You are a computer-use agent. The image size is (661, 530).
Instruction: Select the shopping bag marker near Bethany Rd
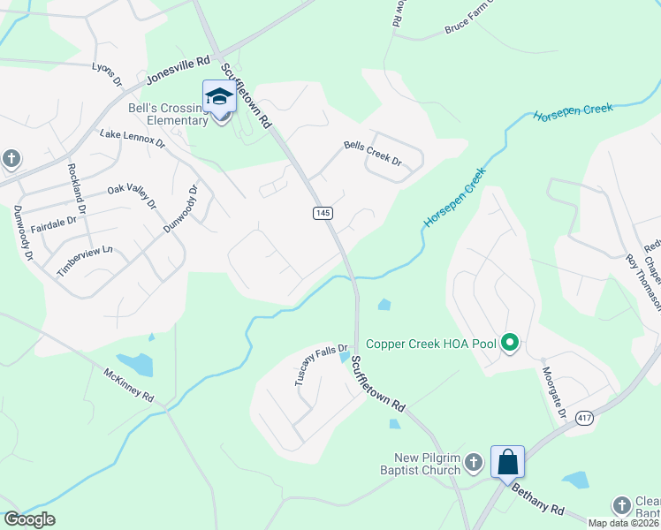coord(507,462)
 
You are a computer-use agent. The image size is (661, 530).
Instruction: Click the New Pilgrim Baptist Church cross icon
coord(474,462)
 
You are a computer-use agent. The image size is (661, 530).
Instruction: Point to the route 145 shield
coord(323,214)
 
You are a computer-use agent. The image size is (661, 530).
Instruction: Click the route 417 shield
coord(583,418)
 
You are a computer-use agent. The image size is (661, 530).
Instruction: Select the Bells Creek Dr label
coord(372,154)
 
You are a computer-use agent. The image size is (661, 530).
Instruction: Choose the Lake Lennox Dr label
coord(133,137)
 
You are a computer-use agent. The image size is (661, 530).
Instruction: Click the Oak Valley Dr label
coord(132,196)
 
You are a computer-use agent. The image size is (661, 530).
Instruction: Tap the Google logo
coord(29,519)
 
